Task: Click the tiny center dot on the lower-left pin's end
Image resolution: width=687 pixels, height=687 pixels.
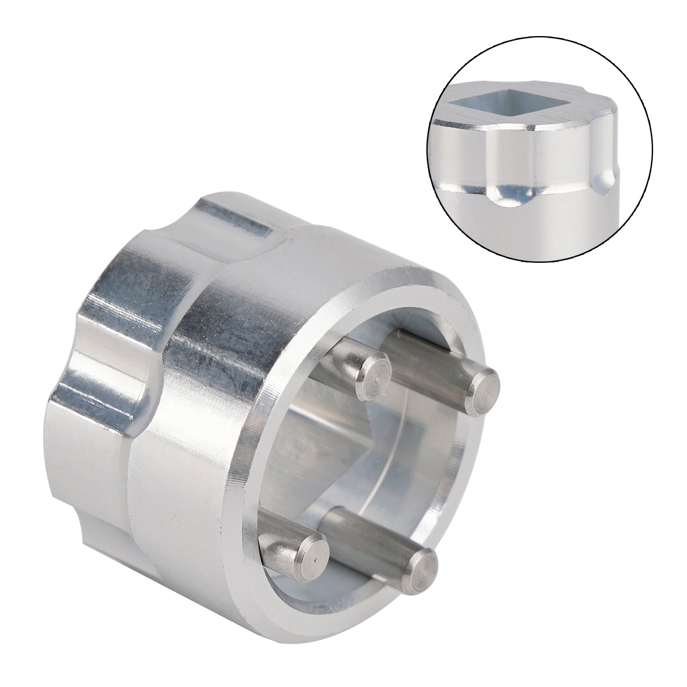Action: pyautogui.click(x=315, y=559)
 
